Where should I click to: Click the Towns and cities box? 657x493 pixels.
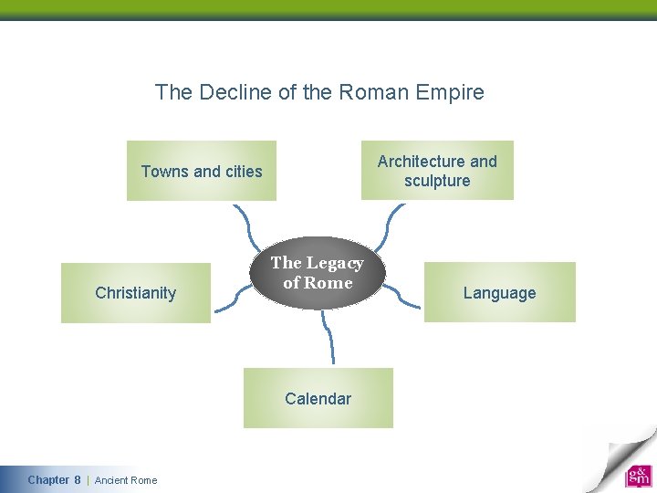coord(201,171)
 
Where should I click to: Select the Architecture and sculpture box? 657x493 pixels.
coord(437,171)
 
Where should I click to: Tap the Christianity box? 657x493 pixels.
coord(135,293)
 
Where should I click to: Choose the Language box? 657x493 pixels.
coord(499,293)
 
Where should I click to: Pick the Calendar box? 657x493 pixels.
coord(318,398)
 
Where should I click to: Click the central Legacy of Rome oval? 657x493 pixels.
coord(318,273)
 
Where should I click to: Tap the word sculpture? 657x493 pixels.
coord(437,181)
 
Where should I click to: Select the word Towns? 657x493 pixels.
coord(165,171)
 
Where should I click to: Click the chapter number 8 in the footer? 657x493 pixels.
coord(78,480)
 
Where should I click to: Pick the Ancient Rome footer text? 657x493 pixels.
coord(126,480)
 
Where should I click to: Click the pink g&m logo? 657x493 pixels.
coord(638,476)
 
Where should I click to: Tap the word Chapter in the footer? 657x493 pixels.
coord(48,480)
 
